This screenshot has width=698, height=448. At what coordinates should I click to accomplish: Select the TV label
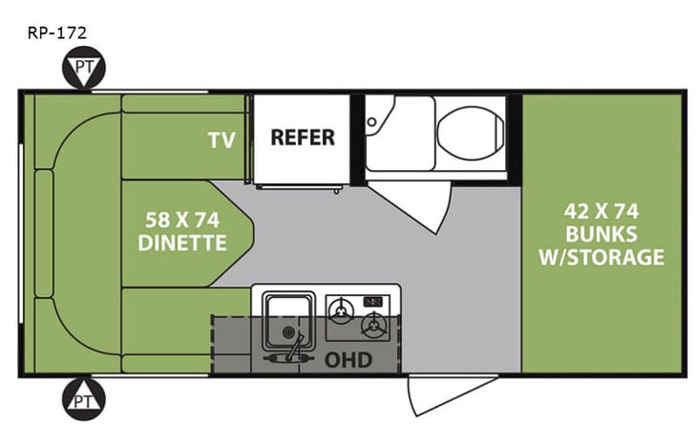[222, 140]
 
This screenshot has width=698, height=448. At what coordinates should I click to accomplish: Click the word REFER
[303, 137]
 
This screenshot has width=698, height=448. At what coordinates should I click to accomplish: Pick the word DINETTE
[182, 243]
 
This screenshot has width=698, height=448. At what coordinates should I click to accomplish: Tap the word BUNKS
[601, 234]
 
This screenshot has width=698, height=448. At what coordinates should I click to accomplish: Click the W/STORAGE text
[601, 257]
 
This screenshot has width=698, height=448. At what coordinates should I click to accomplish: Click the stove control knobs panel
[374, 303]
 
